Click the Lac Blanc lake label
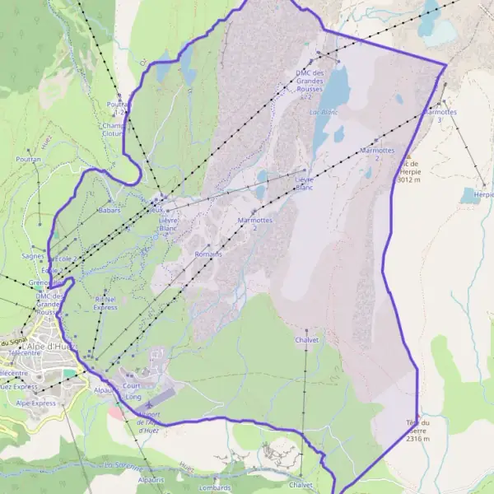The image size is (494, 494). [x=324, y=110]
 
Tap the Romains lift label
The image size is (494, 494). [x=208, y=254]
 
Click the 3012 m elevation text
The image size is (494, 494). [x=408, y=179]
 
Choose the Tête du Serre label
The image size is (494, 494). [x=417, y=426]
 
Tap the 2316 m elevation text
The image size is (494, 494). [x=417, y=439]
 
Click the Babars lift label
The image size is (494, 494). [x=110, y=211]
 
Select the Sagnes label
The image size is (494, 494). [x=34, y=256]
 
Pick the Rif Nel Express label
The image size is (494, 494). [x=105, y=303]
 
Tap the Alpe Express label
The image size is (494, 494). [x=36, y=403]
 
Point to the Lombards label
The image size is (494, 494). [x=215, y=487]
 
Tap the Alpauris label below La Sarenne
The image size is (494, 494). [x=151, y=478]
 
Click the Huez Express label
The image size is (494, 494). [x=18, y=385]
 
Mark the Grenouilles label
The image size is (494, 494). [x=45, y=282]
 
